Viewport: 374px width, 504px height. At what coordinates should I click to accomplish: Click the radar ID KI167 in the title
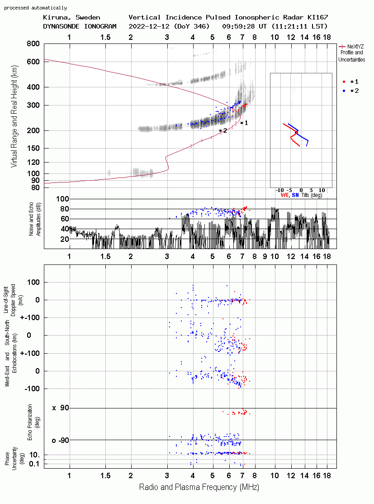coord(317,17)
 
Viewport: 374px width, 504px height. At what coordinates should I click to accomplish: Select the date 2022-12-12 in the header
coord(149,26)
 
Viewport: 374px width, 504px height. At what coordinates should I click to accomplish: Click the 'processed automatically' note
coord(35,8)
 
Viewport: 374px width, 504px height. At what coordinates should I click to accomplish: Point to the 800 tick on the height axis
coord(33,43)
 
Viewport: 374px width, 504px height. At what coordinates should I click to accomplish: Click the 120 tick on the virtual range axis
coord(33,162)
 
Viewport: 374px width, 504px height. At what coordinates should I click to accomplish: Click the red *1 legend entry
coord(350,82)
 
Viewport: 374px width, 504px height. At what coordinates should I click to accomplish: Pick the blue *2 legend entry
coord(350,91)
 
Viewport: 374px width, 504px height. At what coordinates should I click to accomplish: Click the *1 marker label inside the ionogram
coord(244,123)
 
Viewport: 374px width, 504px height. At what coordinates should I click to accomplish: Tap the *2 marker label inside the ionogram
coord(223,130)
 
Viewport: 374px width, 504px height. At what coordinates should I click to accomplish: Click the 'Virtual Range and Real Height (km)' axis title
coord(14,116)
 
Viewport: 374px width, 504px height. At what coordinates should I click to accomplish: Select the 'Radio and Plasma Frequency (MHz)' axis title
coord(199,487)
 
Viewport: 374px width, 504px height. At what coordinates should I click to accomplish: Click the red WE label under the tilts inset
coord(285,195)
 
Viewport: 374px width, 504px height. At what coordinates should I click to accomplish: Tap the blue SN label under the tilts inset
coord(295,195)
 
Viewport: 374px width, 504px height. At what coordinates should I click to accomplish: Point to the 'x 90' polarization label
coord(61,408)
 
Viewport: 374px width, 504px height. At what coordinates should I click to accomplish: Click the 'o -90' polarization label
coord(61,440)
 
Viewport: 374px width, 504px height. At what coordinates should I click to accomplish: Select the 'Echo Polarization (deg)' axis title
coord(32,422)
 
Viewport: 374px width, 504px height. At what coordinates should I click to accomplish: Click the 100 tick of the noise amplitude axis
coord(62,199)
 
